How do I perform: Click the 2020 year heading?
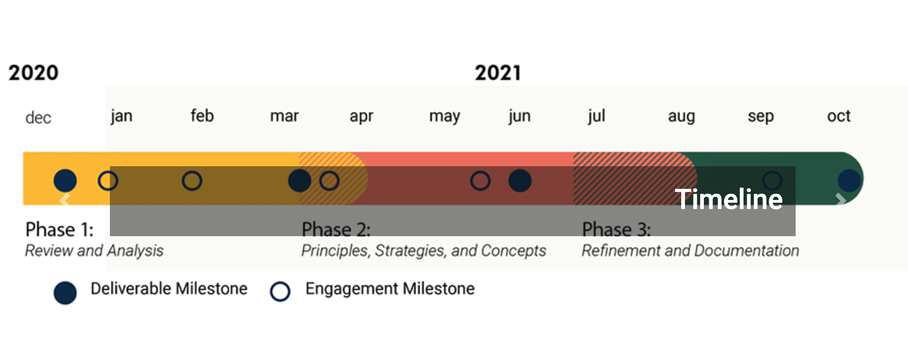coord(34,73)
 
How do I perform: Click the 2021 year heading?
coord(498,73)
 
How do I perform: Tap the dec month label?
coord(38,118)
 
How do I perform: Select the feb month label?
coord(202,116)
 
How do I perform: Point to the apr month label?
coord(361,117)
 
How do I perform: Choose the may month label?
coord(445,117)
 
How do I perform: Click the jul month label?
coord(596,116)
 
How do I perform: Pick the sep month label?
coord(761,117)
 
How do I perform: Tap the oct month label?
coord(839,116)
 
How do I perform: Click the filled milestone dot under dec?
coord(65,181)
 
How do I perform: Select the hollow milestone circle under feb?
coord(192,181)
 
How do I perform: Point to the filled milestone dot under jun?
coord(520,181)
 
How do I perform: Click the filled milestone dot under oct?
coord(849,181)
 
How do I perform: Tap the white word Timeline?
coord(729,199)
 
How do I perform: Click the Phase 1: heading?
coord(60,230)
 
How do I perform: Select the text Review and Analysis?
coord(94,251)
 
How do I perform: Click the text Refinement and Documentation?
coord(690,251)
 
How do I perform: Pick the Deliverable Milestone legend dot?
coord(65,293)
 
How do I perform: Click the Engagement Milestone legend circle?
coord(280,291)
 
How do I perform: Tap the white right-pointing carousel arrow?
coord(841,200)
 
